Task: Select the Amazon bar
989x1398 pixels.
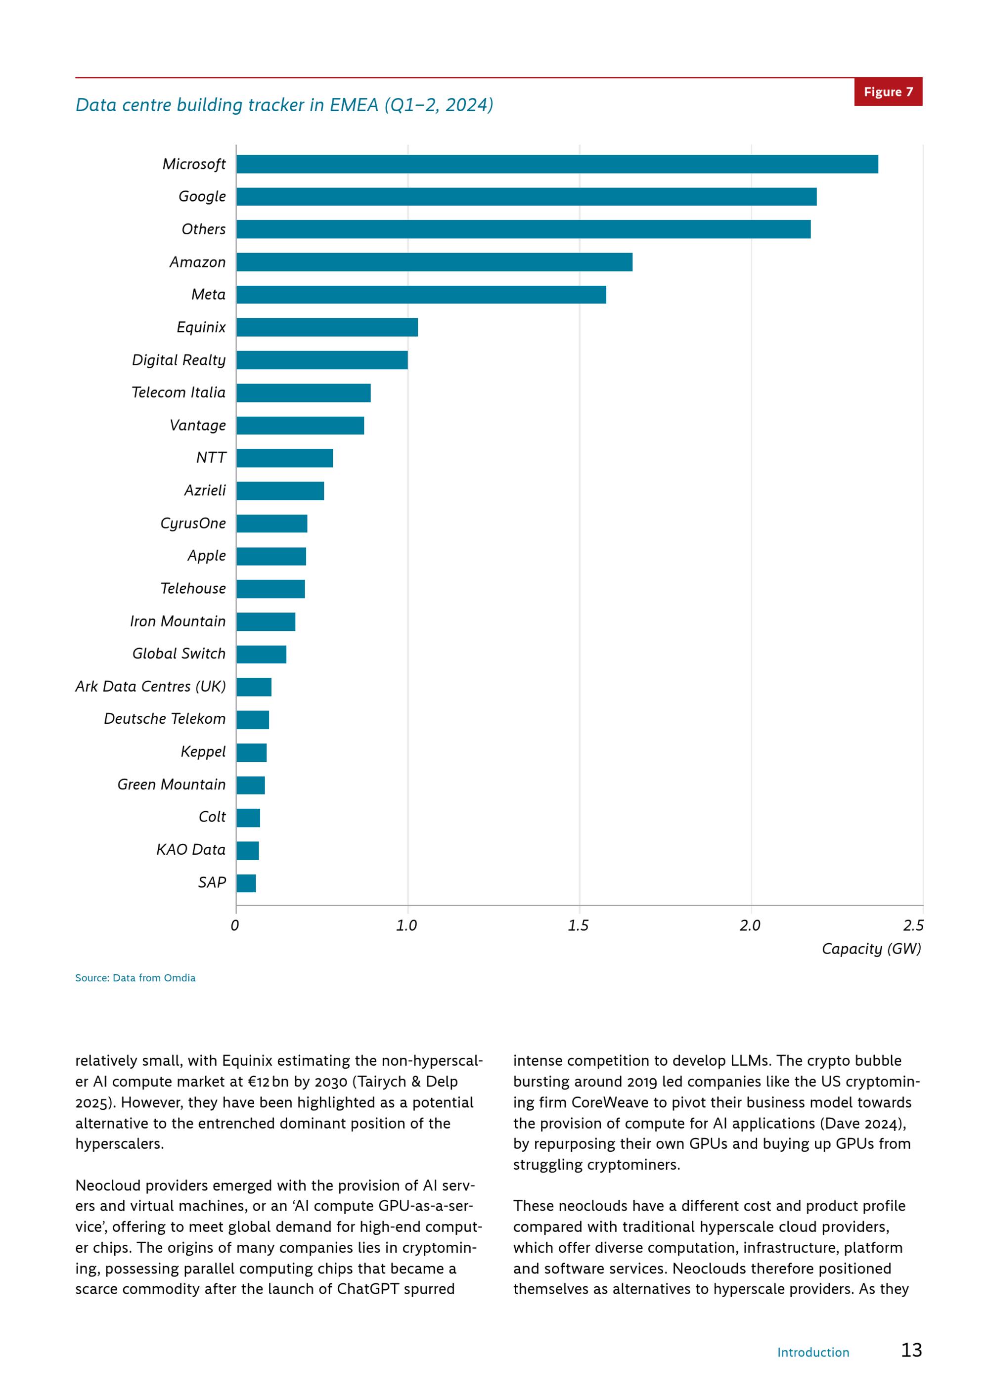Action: pos(434,262)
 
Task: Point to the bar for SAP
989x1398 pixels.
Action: pos(246,883)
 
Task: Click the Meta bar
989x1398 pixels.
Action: pos(421,295)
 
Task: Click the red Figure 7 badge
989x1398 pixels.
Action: pos(889,92)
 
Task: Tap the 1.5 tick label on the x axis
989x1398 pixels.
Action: pos(578,925)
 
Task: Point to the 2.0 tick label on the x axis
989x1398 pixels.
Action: pos(750,925)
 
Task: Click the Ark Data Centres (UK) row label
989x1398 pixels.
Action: pos(150,686)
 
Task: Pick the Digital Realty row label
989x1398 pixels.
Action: pos(179,360)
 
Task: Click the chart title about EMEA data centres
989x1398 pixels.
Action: pos(284,105)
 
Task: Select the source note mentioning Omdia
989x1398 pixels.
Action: pos(135,978)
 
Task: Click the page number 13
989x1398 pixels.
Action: pos(912,1350)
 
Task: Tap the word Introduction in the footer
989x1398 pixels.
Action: pos(813,1353)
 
